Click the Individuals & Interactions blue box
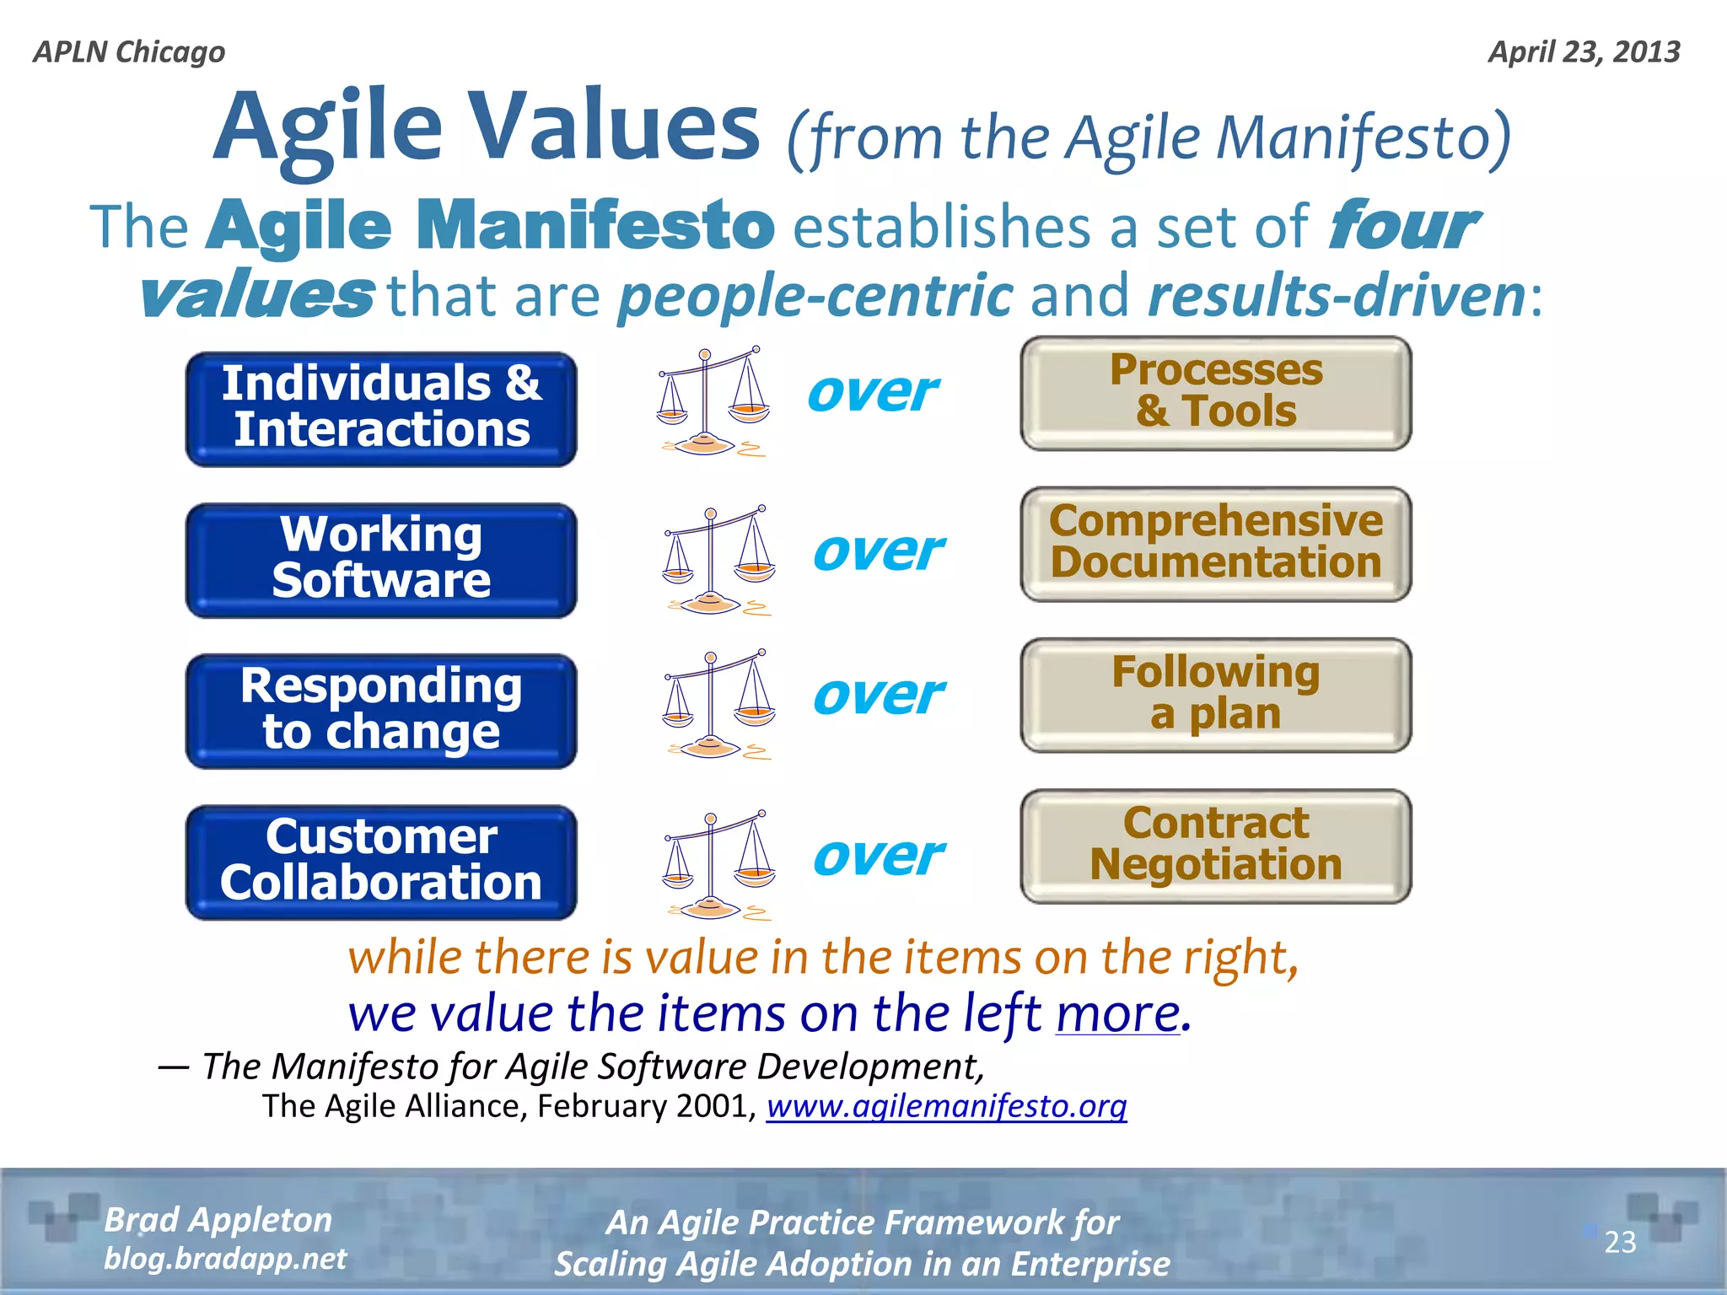[381, 409]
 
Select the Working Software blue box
[381, 560]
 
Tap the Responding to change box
[381, 711]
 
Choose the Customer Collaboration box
[381, 862]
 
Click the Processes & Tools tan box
[1215, 393]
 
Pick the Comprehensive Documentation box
[1215, 544]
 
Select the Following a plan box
[1215, 695]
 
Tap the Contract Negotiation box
[1215, 846]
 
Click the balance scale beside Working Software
[718, 560]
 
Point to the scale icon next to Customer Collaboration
[718, 864]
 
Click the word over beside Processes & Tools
[872, 393]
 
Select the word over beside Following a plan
[878, 696]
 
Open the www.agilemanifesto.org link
[946, 1106]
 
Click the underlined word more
[1118, 1013]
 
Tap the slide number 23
[1620, 1242]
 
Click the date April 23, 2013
[1584, 52]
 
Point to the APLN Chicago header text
[129, 52]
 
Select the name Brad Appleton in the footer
[218, 1220]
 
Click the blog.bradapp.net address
[224, 1259]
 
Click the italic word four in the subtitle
[1401, 226]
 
